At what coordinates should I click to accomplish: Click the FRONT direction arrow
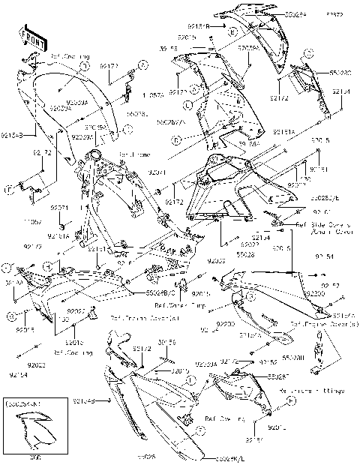click(x=29, y=37)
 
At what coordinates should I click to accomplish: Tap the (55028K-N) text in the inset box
click(x=23, y=405)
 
